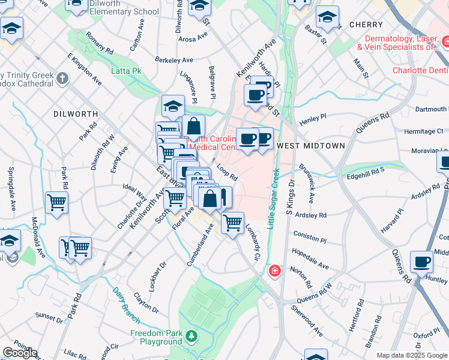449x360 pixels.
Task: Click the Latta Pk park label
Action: pos(126,71)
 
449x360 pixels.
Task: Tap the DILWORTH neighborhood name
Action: pos(75,113)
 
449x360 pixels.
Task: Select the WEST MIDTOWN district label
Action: pos(311,146)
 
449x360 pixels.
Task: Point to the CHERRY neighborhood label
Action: pos(366,25)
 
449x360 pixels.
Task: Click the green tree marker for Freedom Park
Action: pos(191,335)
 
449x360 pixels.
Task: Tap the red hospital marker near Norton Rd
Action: pos(275,271)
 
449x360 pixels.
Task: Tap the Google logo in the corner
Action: pos(19,353)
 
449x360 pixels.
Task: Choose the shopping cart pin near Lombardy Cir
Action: pos(232,223)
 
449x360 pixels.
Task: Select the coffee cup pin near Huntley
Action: pos(422,262)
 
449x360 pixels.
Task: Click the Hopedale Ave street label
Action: pos(310,257)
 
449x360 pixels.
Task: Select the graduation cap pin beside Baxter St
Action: pos(327,18)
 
